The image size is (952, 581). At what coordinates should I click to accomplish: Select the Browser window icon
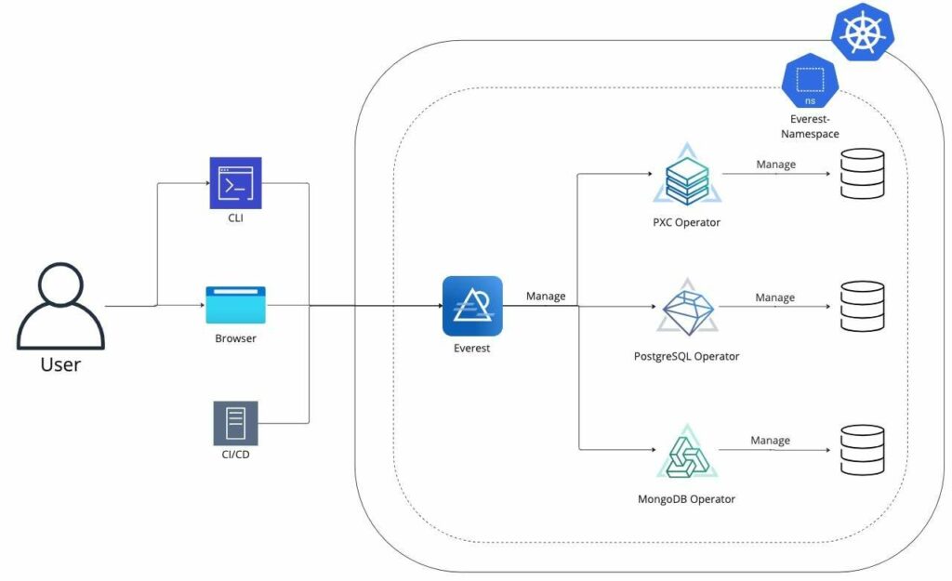tap(235, 305)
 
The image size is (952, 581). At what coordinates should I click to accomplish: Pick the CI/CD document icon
tap(235, 423)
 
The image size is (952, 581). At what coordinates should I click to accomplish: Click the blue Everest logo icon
tap(472, 306)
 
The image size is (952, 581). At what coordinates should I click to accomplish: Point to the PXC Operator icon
tap(687, 176)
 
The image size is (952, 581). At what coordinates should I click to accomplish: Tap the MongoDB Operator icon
tap(687, 452)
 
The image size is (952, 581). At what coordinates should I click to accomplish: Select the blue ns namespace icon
tap(811, 79)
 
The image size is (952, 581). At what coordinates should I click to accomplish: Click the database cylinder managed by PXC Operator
tap(862, 174)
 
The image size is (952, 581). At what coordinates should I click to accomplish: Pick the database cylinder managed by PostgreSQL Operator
tap(862, 308)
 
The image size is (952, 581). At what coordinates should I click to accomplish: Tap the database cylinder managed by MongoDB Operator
tap(862, 451)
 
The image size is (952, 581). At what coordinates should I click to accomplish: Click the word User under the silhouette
tap(60, 363)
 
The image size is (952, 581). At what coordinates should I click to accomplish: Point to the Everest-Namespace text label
tap(811, 126)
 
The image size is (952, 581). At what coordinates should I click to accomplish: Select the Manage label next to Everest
tap(546, 297)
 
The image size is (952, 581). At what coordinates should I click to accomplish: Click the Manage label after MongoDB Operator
tap(770, 441)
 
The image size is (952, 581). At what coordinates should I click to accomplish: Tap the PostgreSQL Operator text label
tap(686, 356)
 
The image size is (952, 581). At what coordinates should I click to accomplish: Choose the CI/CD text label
tap(234, 456)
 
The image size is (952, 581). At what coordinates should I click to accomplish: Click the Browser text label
tap(235, 338)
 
